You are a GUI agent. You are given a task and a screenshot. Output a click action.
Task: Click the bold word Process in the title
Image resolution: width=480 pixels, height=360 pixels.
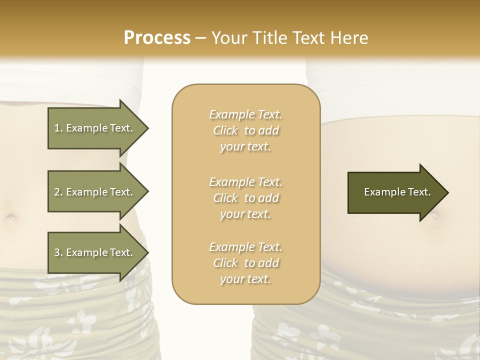[157, 38]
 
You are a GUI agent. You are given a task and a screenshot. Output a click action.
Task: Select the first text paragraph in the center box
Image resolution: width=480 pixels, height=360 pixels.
[245, 130]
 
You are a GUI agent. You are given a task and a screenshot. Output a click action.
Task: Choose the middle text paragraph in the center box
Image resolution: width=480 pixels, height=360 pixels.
[245, 198]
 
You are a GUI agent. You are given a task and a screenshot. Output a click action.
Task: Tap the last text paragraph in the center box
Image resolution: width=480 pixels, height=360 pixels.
[245, 263]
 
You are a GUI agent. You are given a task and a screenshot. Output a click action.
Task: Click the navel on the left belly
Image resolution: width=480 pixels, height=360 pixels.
[10, 218]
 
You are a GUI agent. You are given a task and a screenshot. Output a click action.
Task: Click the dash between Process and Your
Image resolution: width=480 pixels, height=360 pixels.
[201, 38]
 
